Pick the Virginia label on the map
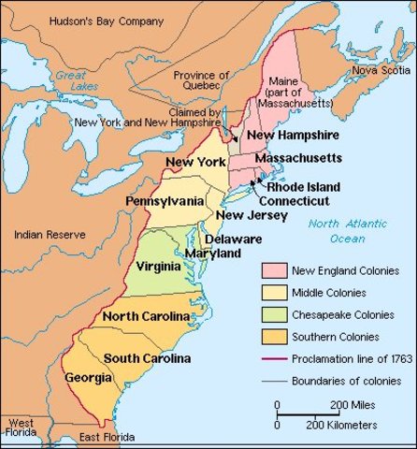158,266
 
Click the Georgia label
84,378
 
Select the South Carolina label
147,358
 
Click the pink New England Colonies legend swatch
275,271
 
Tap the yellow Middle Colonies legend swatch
275,293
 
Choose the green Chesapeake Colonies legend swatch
275,315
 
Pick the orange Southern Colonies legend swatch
275,338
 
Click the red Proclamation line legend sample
275,359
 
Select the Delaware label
233,239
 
